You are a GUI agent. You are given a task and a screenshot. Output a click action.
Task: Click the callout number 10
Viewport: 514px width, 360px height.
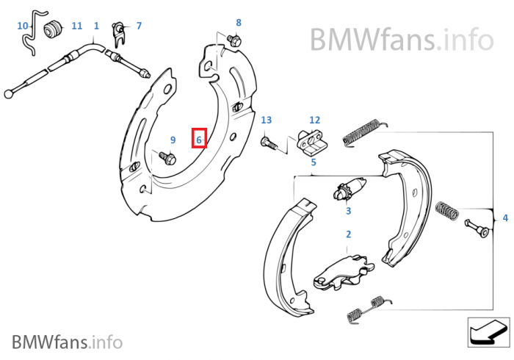point(23,26)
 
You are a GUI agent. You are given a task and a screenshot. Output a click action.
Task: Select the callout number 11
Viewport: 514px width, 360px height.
point(77,26)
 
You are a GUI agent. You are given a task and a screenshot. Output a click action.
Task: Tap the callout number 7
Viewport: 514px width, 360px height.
point(139,26)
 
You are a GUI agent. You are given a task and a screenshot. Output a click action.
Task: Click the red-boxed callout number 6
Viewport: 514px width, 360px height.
point(199,138)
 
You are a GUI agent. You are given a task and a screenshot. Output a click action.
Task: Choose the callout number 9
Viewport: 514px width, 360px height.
point(173,140)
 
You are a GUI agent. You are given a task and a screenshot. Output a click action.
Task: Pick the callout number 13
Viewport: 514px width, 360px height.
point(266,120)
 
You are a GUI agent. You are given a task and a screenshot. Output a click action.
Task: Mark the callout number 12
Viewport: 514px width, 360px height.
point(314,120)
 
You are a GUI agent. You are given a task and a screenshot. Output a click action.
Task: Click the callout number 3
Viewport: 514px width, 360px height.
point(348,211)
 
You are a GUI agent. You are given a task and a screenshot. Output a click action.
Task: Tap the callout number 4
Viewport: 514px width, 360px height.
point(505,217)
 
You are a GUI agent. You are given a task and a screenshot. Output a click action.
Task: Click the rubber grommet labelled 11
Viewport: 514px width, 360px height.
point(52,29)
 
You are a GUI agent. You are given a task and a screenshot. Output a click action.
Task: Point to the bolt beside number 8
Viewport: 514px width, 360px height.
point(234,40)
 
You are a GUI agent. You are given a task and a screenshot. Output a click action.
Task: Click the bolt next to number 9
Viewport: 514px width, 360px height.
point(165,156)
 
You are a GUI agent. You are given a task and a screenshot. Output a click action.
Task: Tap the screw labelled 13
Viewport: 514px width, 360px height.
point(269,143)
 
